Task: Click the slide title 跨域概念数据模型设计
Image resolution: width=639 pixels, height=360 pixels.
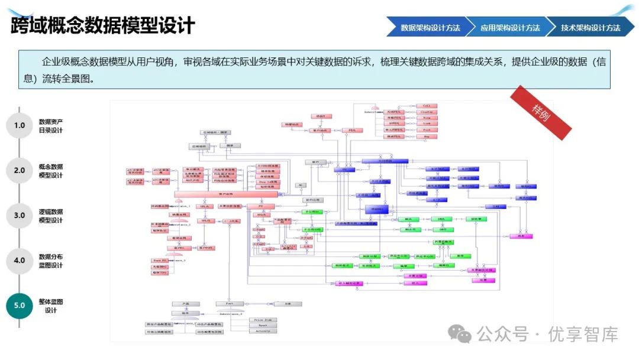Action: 103,25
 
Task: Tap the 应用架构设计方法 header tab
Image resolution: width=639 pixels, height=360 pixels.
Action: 510,27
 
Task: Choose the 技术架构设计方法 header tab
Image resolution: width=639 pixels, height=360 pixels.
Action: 590,27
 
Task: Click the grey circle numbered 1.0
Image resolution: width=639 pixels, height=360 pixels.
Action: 20,126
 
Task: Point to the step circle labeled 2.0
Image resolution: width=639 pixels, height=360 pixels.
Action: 20,171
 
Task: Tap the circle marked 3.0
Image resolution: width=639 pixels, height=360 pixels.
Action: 20,216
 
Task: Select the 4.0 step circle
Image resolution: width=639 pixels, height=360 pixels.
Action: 20,261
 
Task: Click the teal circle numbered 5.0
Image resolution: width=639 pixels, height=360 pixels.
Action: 20,306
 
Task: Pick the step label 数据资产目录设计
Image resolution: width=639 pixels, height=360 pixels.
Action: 51,126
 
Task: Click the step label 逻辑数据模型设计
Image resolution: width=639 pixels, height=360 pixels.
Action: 51,216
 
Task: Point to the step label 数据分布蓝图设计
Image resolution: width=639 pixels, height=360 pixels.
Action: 51,261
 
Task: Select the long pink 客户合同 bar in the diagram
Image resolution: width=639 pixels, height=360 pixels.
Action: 226,194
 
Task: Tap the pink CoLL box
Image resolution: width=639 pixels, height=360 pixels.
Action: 427,105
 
